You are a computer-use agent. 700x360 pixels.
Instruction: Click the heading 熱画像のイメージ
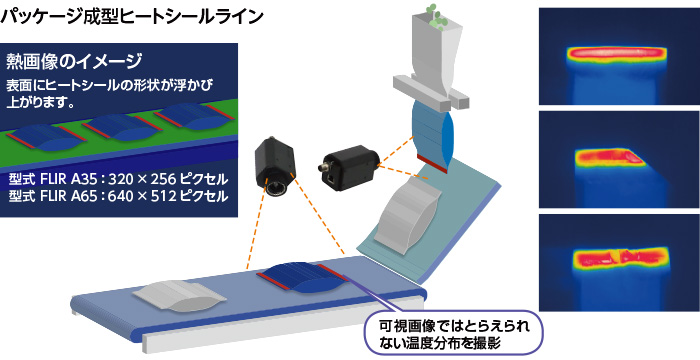(81, 59)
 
